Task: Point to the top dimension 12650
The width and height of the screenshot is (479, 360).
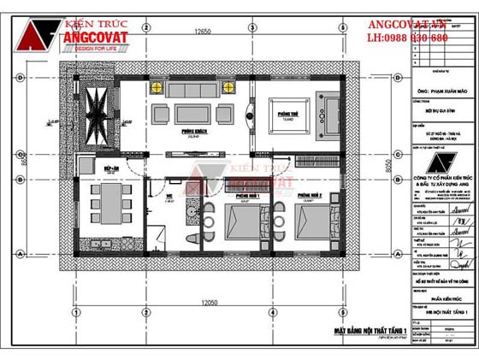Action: (202, 32)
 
